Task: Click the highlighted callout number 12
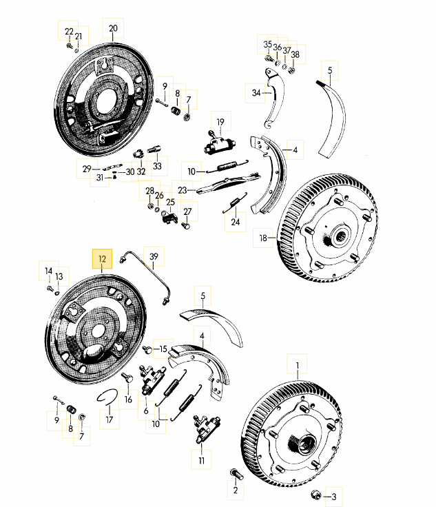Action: coord(102,259)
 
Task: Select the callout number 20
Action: coord(114,29)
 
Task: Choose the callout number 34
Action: coord(256,92)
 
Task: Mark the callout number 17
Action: coord(109,418)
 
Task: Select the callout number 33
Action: coord(157,166)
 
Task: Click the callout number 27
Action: coord(187,211)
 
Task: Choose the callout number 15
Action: coord(163,349)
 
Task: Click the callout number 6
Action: coord(146,411)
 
